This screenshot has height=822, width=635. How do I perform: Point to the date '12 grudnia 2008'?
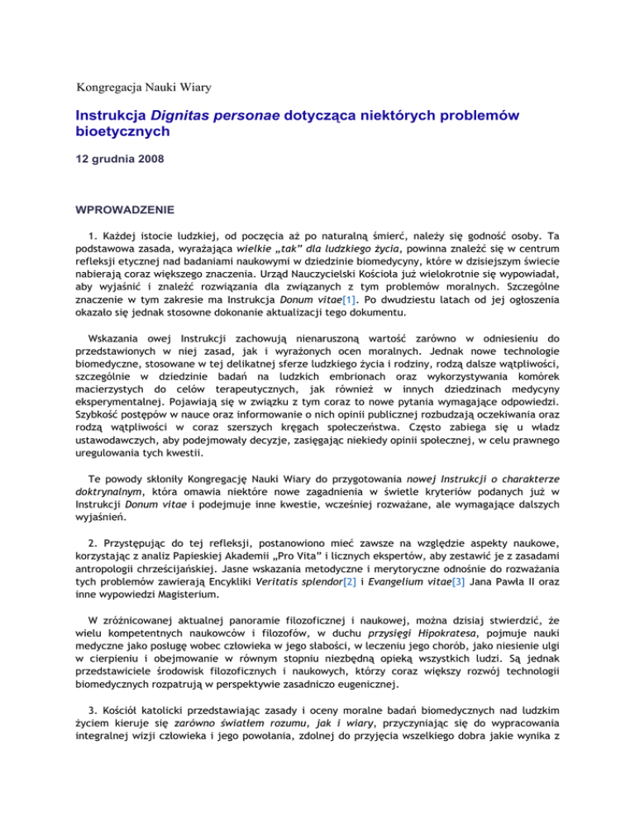point(121,163)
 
